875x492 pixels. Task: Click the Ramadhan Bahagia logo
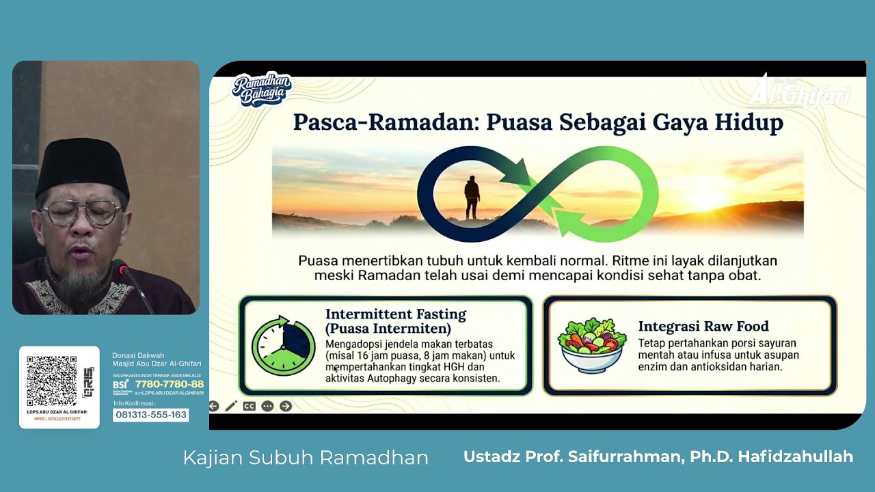pos(262,90)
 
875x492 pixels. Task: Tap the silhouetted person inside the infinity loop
pos(472,197)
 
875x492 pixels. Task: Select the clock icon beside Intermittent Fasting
pos(283,346)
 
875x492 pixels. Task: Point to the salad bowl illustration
pos(592,345)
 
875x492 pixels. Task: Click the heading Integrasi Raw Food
pos(703,326)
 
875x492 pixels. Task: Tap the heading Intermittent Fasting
pos(395,314)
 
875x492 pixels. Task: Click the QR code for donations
pos(52,381)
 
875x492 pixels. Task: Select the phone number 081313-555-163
pos(151,415)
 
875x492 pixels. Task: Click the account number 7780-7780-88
pos(169,384)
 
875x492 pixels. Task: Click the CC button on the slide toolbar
pos(249,406)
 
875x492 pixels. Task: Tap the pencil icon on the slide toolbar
pos(231,406)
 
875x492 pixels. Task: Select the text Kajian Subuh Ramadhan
pos(305,458)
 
